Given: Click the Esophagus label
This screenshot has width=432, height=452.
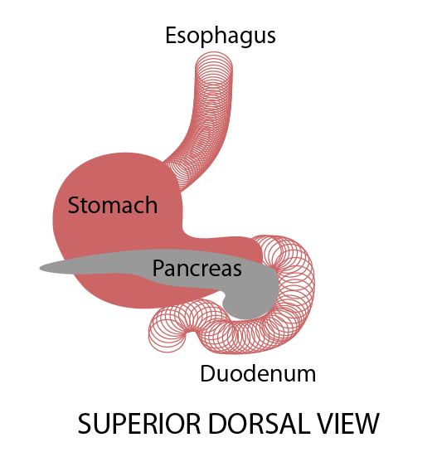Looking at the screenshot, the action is [x=221, y=36].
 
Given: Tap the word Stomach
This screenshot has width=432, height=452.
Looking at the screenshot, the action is [x=113, y=205].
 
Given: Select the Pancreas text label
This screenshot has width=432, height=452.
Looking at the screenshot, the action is [x=197, y=268].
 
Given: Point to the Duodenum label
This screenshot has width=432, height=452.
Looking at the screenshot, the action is [x=258, y=373].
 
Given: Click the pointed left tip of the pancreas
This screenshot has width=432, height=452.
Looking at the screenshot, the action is [x=41, y=269].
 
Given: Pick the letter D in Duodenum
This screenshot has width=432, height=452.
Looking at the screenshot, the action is [x=207, y=373].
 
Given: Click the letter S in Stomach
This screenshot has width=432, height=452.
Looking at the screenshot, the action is [x=74, y=205].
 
